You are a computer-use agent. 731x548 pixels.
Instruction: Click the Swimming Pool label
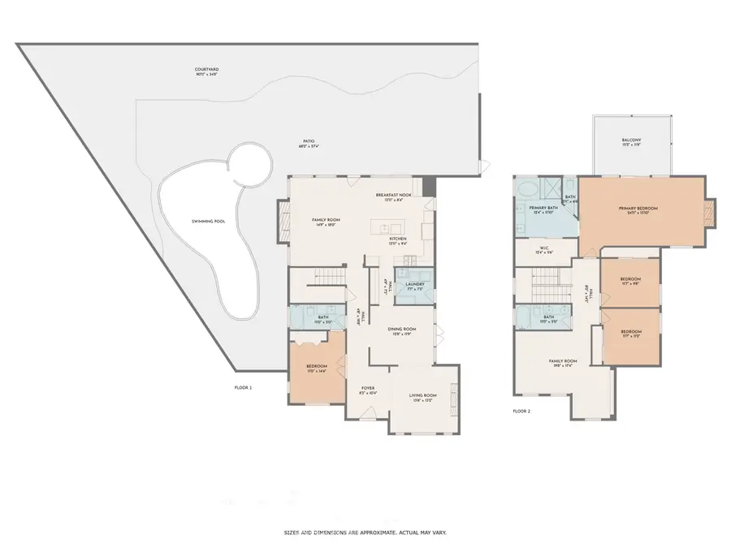[185, 222]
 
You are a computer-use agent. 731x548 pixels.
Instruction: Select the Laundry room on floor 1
[414, 286]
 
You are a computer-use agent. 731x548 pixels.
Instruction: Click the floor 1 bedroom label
[317, 368]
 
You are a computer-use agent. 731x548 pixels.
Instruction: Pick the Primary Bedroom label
[638, 210]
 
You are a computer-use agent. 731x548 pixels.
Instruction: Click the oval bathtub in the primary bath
[524, 192]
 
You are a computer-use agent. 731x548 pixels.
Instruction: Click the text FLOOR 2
[521, 412]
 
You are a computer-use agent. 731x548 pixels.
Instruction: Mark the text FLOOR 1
[243, 388]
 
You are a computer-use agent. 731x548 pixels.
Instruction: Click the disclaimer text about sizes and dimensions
[365, 532]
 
